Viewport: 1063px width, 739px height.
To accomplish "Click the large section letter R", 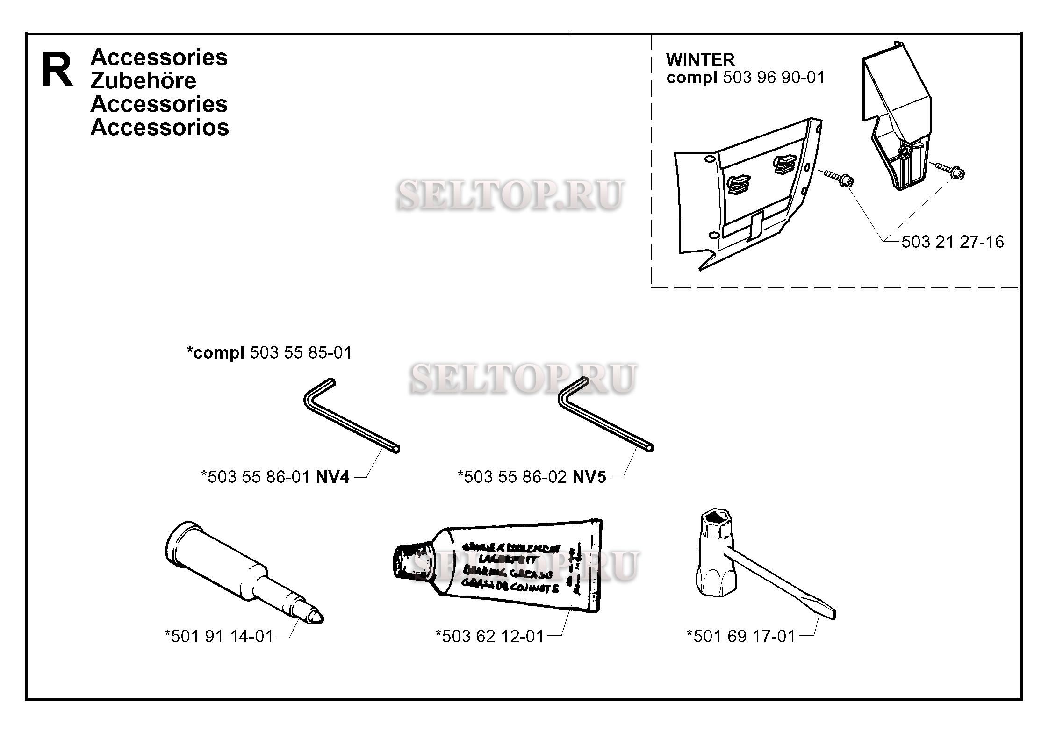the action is tap(57, 70).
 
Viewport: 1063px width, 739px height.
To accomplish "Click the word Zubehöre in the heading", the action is tap(143, 81).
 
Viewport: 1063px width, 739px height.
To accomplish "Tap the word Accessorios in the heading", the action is tap(159, 127).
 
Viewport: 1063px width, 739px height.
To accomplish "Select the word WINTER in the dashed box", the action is tap(700, 60).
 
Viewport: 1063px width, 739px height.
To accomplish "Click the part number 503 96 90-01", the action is tap(774, 78).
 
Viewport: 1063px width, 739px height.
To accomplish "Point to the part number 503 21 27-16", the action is tap(952, 242).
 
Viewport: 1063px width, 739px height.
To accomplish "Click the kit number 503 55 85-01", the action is tap(301, 352).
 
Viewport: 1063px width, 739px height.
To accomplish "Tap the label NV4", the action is tap(332, 477).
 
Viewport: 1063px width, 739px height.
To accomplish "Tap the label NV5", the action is tap(589, 477).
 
